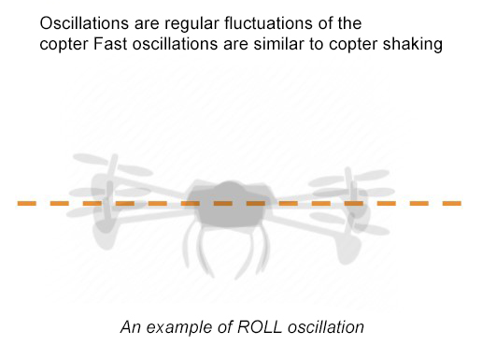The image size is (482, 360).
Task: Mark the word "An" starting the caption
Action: (x=129, y=327)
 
